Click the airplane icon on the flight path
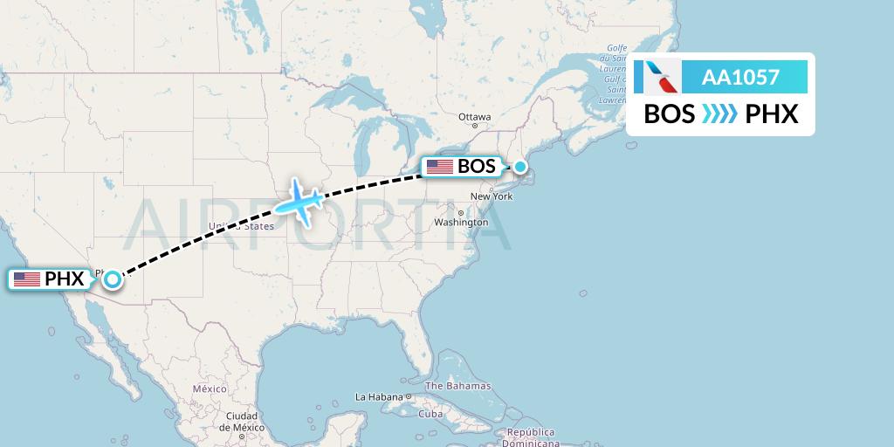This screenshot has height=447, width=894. coord(299,202)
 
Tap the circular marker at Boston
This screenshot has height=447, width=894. coord(520,166)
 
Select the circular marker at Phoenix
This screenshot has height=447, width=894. coord(113,279)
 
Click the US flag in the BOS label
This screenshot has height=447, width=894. coord(439,166)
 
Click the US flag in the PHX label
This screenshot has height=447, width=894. coord(27,279)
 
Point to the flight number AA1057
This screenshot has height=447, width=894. coord(740,77)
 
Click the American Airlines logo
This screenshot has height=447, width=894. coord(662,77)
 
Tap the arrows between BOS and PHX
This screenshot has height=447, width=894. coord(720,114)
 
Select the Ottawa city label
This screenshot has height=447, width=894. coord(475,117)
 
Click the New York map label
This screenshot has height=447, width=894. coord(491,196)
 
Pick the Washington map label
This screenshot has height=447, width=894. coord(461,223)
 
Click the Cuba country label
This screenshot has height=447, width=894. coord(430,413)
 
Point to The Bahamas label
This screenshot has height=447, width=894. coord(457,386)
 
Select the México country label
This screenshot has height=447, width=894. coord(210,388)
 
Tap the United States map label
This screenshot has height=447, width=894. coord(240,226)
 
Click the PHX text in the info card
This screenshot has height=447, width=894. coord(772,114)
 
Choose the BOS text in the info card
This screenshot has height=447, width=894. coord(670,114)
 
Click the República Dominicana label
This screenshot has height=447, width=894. coord(532,437)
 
